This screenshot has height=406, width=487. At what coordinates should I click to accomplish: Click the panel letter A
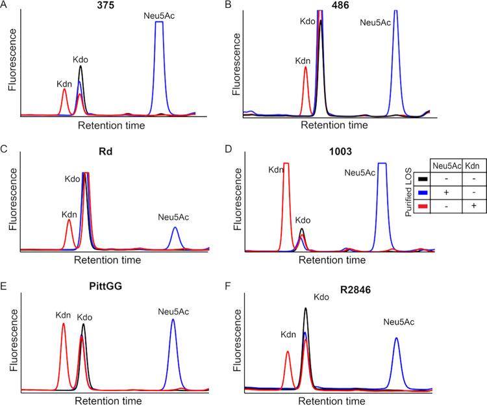5,5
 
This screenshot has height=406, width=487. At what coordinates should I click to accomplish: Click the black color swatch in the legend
423,179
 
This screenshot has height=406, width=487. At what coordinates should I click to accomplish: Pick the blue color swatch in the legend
423,193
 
